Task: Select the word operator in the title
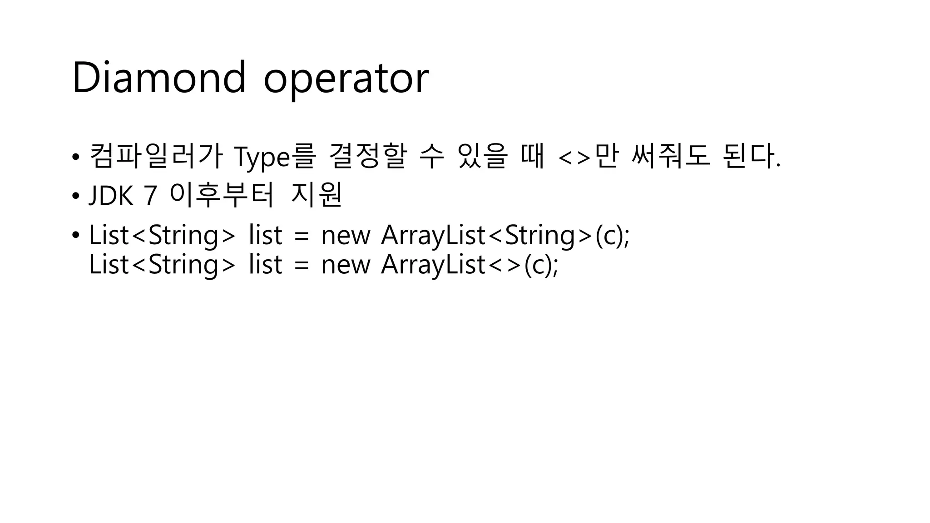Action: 346,79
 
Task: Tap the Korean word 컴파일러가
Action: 156,156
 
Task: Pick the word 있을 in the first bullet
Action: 482,156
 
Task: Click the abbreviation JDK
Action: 111,196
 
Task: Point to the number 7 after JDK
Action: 150,196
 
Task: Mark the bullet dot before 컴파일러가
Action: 75,157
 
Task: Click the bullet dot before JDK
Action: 75,196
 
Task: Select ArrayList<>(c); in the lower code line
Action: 470,264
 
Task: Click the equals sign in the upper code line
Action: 302,236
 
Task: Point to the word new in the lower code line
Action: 346,265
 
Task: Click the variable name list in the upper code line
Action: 266,235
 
